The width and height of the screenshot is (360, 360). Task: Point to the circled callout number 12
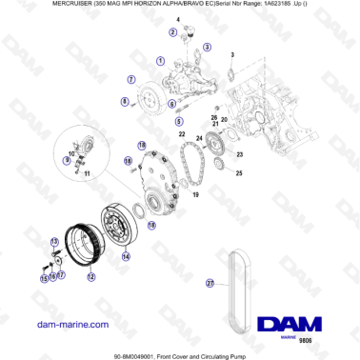coord(91,277)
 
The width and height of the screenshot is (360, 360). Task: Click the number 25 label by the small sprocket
coord(239,173)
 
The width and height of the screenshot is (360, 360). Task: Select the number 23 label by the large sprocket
coord(239,154)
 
